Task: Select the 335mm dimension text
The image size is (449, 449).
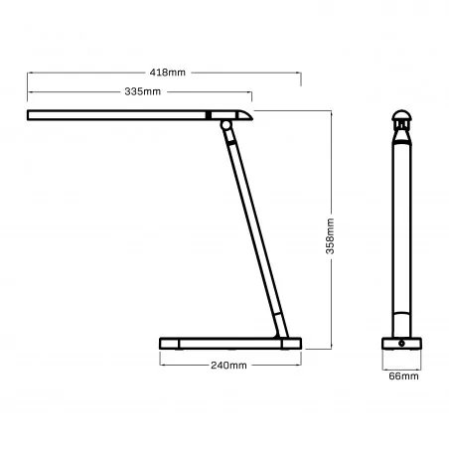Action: [144, 92]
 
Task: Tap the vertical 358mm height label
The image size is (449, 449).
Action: [330, 236]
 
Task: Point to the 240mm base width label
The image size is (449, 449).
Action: [228, 366]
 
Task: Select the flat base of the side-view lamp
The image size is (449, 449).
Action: [229, 344]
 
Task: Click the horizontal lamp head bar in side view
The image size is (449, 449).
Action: [119, 116]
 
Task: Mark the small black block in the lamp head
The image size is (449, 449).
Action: [208, 116]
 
